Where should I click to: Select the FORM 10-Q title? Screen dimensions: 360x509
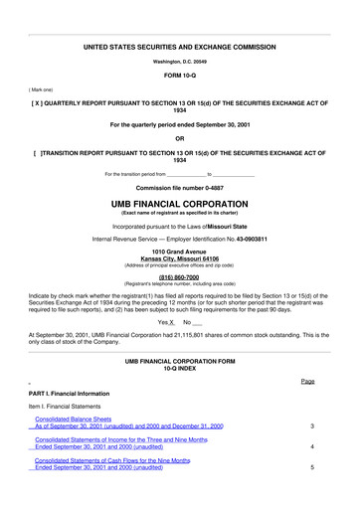pos(179,75)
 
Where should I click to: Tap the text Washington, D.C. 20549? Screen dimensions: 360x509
pos(179,61)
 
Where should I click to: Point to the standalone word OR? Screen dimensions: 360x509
pos(179,138)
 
